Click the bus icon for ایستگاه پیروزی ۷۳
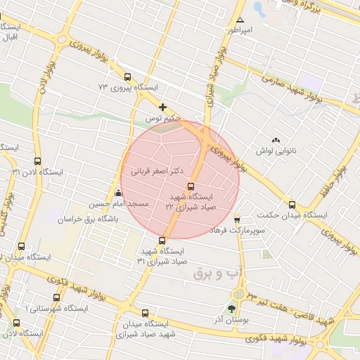(127, 77)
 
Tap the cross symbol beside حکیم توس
(163, 108)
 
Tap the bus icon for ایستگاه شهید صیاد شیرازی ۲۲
(191, 186)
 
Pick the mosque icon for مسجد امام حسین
(118, 193)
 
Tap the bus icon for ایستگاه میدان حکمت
(292, 205)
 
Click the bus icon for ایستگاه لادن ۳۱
(37, 161)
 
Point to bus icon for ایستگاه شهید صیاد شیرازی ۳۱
(163, 240)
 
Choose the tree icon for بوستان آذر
(232, 309)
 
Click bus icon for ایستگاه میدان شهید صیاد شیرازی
(145, 313)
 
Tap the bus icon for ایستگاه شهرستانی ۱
(57, 298)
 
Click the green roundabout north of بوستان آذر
(239, 293)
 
